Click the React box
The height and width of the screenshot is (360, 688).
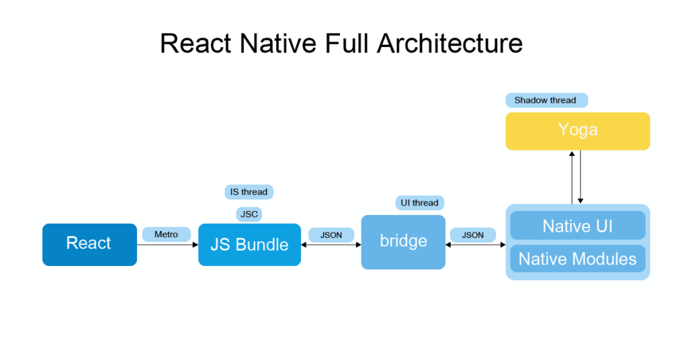click(89, 244)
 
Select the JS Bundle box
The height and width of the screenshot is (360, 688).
click(249, 244)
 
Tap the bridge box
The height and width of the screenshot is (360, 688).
click(403, 242)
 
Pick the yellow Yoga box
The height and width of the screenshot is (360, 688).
click(577, 130)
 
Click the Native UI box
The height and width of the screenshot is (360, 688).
click(577, 226)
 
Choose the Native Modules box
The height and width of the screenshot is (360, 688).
click(577, 259)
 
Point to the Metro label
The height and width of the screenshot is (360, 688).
click(166, 234)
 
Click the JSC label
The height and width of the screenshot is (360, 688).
click(249, 214)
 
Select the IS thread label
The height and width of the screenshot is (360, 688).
click(249, 192)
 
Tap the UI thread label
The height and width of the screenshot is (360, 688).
click(419, 203)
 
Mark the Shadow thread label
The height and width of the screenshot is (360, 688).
click(546, 100)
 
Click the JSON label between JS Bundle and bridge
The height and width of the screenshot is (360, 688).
click(331, 235)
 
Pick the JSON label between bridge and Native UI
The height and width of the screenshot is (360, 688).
click(472, 235)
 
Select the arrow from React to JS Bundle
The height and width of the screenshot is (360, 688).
click(167, 244)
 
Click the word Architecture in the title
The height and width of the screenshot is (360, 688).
click(449, 44)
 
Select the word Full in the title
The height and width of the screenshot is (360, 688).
click(346, 44)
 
